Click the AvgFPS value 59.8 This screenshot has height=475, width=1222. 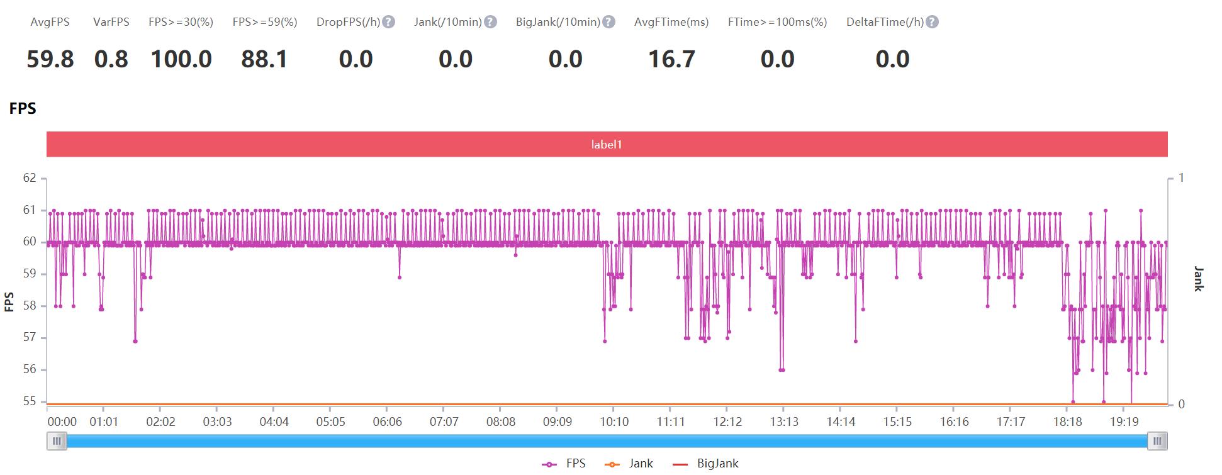(50, 60)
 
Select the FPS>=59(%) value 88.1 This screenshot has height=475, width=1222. (264, 60)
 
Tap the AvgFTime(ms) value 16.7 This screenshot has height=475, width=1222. (671, 60)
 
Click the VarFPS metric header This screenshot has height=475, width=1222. (111, 22)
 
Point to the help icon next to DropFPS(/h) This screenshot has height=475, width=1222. (389, 22)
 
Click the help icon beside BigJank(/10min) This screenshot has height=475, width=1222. (608, 22)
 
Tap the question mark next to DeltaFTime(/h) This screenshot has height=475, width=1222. (933, 22)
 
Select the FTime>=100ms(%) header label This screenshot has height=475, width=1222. (777, 22)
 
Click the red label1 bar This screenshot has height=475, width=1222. (607, 144)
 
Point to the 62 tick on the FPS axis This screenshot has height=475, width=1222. (30, 178)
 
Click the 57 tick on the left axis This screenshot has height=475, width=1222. (30, 338)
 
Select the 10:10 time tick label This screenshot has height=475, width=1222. (614, 422)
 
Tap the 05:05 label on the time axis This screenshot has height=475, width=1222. (330, 422)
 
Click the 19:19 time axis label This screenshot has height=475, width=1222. (1124, 422)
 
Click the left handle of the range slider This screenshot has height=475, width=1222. (57, 441)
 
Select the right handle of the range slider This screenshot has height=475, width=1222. (1157, 441)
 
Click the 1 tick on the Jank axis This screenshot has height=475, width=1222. (1181, 178)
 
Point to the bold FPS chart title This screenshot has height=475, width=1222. (23, 109)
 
